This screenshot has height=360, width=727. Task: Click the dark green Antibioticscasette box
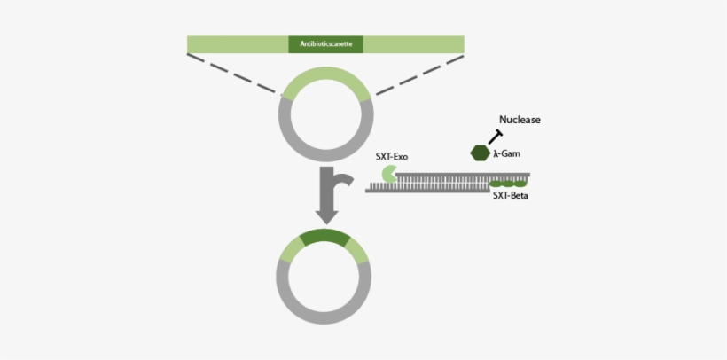coord(325,43)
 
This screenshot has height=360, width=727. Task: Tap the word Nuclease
coord(520,120)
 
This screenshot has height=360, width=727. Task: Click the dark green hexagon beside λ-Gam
coord(480,153)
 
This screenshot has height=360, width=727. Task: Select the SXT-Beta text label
coord(510,196)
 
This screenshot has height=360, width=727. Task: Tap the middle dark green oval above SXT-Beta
coord(509,184)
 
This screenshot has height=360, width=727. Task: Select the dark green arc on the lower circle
coord(324,237)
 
